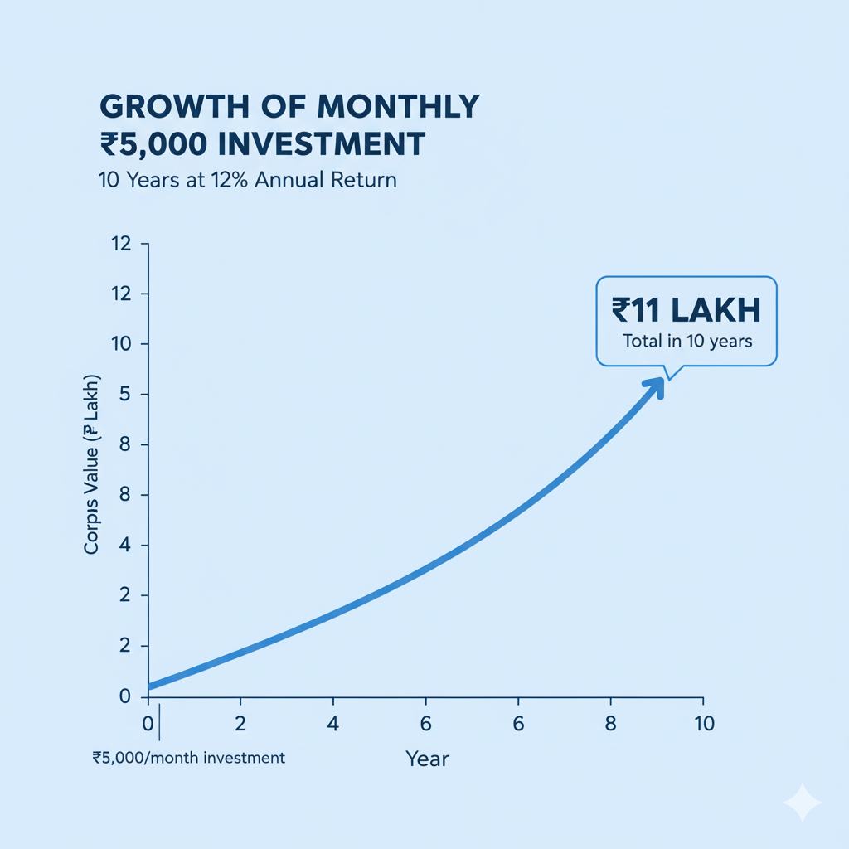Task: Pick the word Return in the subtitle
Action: coord(364,180)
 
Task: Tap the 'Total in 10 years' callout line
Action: coord(686,341)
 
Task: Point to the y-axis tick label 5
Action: coord(126,395)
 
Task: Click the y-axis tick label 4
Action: coord(126,546)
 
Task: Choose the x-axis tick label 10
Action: coord(703,723)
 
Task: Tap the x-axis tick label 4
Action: coord(332,723)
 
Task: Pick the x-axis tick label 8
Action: coord(612,723)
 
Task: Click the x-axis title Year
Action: coord(427,758)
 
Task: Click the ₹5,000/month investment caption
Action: coord(189,758)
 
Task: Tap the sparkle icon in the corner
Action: coord(802,803)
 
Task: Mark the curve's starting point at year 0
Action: coord(150,686)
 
